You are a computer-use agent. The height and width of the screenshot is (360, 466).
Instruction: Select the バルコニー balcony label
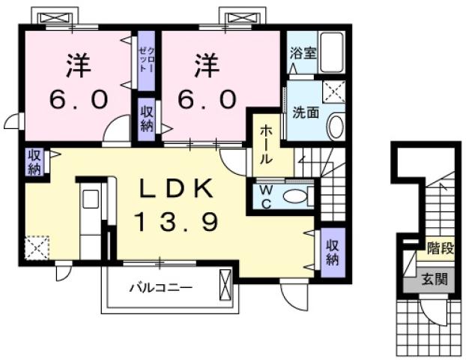tap(160, 286)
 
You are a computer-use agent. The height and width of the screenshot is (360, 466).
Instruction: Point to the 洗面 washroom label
tap(306, 113)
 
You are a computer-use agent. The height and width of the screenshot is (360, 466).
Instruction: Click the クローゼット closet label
tap(145, 58)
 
